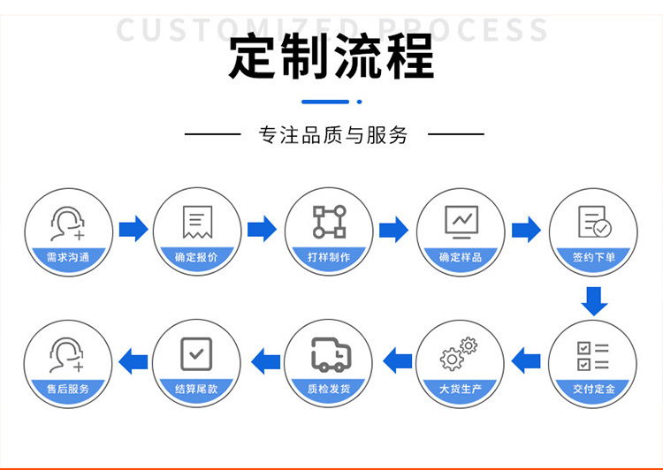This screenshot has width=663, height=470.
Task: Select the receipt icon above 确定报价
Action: [x=196, y=222]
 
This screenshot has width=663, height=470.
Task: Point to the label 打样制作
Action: [x=328, y=258]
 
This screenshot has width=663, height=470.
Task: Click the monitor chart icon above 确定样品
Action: [x=460, y=222]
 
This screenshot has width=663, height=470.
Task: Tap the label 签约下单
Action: [x=593, y=258]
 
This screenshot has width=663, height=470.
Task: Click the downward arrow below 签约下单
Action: [x=594, y=301]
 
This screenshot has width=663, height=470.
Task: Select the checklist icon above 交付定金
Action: [x=593, y=354]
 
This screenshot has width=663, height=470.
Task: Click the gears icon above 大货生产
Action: [x=460, y=353]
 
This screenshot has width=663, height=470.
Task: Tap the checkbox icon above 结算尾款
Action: [x=196, y=353]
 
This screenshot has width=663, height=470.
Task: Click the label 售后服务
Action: [x=67, y=389]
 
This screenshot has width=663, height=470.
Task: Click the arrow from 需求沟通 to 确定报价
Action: [x=133, y=230]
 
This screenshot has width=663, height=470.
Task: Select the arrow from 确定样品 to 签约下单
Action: [x=526, y=230]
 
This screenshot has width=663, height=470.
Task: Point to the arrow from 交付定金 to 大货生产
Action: [x=526, y=360]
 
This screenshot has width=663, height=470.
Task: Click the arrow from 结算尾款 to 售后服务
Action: [x=133, y=360]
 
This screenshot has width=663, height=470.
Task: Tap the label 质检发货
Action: [x=328, y=389]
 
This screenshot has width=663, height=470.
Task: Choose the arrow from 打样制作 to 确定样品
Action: [x=393, y=230]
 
